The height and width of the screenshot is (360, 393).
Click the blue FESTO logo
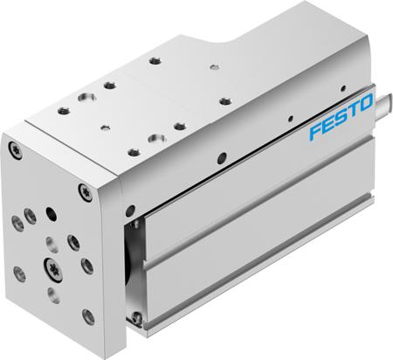[336, 126]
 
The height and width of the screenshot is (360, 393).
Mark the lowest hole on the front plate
[88, 314]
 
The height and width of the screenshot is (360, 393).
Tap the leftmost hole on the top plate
[63, 110]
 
